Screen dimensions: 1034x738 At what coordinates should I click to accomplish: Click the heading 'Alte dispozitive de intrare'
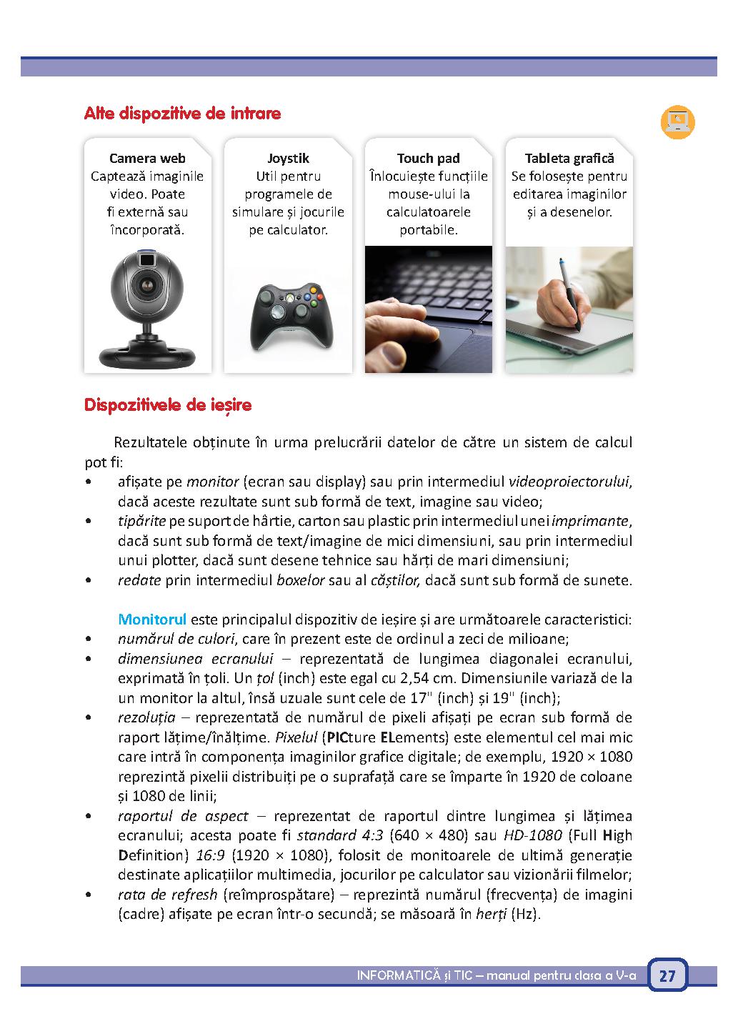182,114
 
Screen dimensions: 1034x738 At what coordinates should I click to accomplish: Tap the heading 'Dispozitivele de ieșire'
168,405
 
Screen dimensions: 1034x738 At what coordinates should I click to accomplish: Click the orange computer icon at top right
677,121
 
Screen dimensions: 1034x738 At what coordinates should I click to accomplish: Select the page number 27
667,976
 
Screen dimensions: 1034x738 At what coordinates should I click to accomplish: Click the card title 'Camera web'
147,159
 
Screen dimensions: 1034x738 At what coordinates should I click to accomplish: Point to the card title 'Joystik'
288,159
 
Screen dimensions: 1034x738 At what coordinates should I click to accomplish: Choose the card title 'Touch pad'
429,159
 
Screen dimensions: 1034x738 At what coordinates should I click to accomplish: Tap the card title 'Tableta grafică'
569,159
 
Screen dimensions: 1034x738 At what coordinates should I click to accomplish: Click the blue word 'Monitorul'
152,619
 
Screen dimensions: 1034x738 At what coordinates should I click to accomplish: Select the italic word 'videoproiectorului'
569,482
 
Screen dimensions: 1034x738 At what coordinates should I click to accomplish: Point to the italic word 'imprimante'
591,521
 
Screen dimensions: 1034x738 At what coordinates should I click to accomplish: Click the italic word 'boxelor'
300,580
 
